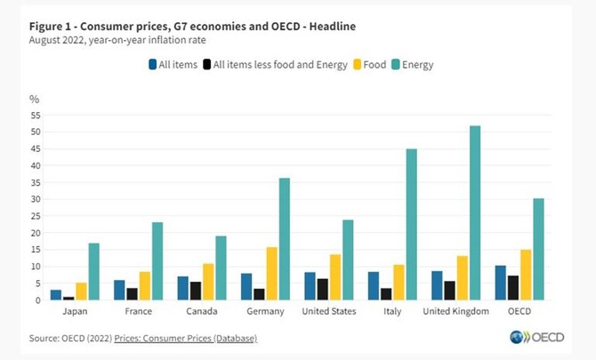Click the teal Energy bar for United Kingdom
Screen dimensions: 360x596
click(475, 213)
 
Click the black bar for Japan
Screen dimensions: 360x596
click(68, 299)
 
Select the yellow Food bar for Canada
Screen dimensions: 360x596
click(208, 282)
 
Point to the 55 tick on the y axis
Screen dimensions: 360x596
click(36, 116)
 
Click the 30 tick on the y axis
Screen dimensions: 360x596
click(36, 199)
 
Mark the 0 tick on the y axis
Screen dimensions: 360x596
click(38, 300)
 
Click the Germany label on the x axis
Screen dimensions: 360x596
click(267, 311)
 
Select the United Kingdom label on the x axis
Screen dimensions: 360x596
click(456, 311)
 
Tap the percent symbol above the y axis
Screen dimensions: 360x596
click(34, 99)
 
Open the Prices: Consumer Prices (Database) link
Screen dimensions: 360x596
click(193, 338)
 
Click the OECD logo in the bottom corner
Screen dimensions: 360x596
click(531, 338)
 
